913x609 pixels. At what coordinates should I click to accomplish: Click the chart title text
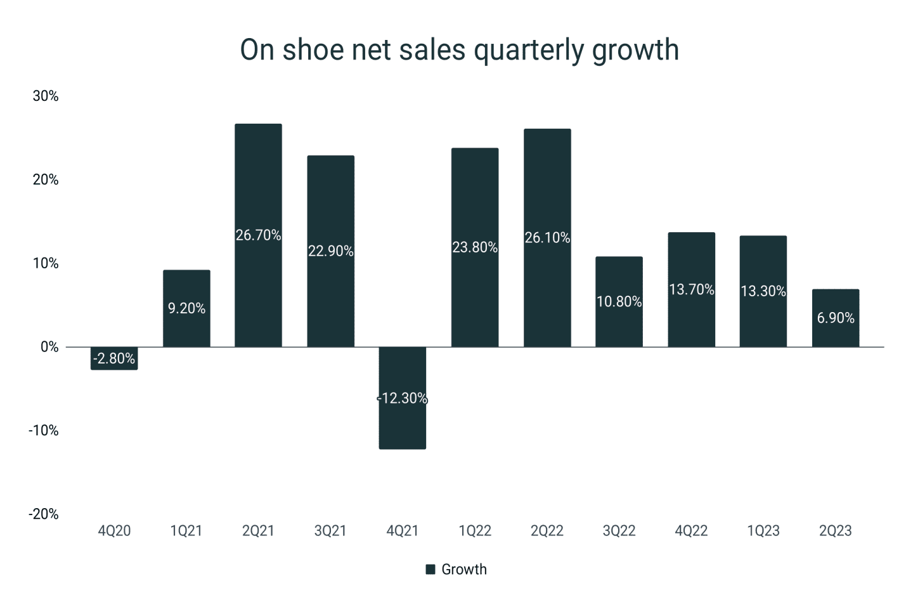(459, 50)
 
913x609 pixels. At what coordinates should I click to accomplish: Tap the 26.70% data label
(258, 235)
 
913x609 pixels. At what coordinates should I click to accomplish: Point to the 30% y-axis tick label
(46, 96)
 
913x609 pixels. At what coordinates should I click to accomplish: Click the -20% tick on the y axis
(43, 514)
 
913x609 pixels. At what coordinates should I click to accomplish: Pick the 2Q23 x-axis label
(835, 531)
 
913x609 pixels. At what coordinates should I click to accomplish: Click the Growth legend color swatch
(431, 570)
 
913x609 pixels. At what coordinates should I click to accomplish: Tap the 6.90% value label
(835, 318)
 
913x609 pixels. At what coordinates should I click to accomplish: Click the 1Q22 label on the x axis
(474, 531)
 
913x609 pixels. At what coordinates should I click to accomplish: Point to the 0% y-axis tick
(49, 347)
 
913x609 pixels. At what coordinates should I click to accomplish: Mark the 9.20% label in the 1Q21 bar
(186, 308)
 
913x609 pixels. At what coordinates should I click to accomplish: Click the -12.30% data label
(402, 398)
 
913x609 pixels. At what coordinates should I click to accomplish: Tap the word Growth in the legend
(464, 570)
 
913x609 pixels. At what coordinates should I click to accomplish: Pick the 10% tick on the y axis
(46, 263)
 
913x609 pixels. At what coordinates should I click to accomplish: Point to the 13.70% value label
(691, 289)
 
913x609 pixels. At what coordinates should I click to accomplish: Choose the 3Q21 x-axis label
(330, 531)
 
